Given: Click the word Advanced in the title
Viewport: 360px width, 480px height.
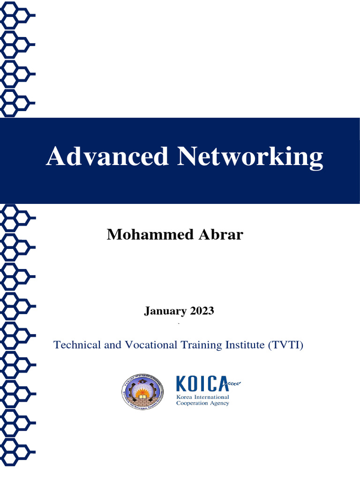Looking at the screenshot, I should [x=107, y=156].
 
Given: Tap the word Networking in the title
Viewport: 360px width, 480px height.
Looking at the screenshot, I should [x=250, y=157].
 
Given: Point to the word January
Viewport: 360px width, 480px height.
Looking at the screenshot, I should [x=165, y=311].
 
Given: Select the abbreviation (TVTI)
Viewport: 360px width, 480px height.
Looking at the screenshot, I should [x=286, y=345].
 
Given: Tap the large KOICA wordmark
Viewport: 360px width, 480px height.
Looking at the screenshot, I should [x=202, y=384].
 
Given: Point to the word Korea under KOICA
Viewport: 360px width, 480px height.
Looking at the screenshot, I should [x=185, y=397].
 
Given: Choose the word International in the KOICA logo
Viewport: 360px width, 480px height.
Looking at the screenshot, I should [x=212, y=397].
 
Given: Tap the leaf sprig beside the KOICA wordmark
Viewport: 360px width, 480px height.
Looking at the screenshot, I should [x=234, y=384].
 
